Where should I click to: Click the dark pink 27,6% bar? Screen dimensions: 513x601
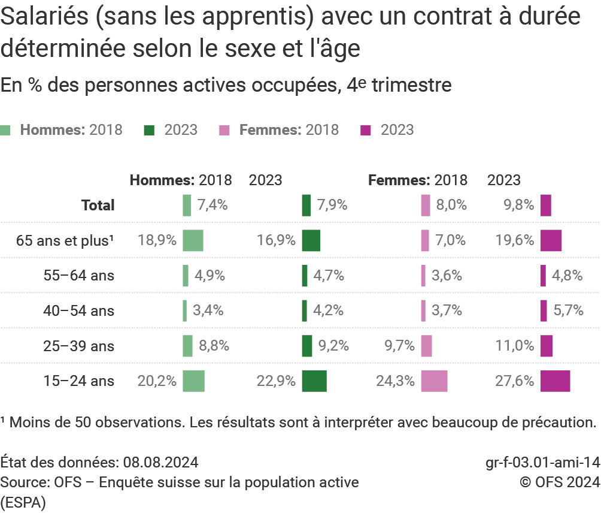[555, 381]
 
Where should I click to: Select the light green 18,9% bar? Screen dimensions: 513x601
[193, 240]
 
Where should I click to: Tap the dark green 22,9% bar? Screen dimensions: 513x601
[314, 381]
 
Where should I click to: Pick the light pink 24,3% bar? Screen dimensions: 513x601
[434, 381]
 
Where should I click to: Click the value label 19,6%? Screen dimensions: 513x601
[514, 240]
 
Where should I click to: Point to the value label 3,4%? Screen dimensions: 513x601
[209, 310]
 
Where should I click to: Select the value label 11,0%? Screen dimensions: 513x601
[514, 346]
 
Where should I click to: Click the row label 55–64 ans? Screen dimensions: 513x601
[78, 276]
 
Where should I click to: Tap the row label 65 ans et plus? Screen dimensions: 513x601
[65, 240]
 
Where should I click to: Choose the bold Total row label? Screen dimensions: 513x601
[98, 205]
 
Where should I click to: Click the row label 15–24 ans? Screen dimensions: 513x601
[78, 381]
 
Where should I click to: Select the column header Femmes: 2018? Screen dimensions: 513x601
[418, 180]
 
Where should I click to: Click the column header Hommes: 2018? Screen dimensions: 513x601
[181, 180]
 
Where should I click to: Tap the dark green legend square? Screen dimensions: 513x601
[150, 130]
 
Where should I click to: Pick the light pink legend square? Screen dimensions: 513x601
[224, 130]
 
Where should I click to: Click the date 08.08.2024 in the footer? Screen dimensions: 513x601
[161, 463]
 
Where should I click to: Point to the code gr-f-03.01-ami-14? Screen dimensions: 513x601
[542, 463]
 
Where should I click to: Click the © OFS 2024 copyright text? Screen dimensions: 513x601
[559, 482]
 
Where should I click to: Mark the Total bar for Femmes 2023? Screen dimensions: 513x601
[545, 205]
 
